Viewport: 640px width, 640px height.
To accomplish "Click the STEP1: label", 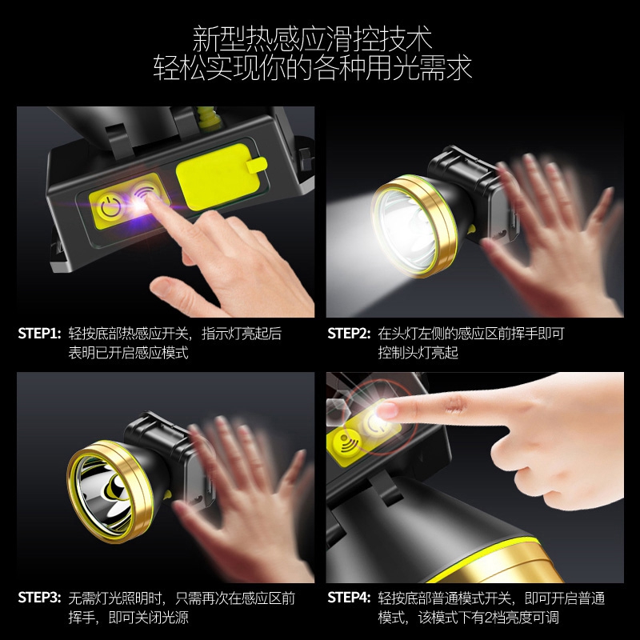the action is point(39,334).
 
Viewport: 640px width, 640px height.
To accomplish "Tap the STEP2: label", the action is point(349,334).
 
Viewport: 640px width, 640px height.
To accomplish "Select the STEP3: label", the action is point(39,598).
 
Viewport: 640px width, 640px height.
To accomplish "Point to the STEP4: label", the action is point(349,598).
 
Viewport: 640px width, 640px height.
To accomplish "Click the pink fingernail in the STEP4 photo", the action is point(387,410).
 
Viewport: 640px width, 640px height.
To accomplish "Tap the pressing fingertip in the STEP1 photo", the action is point(153,200).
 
